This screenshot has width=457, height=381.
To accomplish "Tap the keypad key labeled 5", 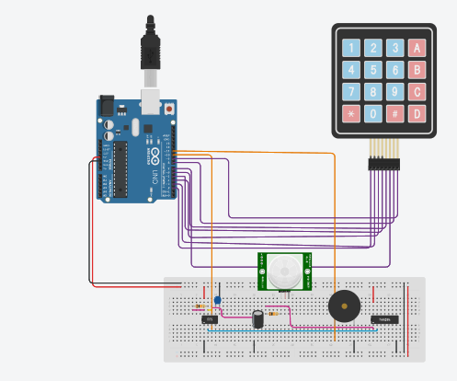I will tap(373, 70).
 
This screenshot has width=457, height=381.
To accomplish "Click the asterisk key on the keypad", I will tap(351, 114).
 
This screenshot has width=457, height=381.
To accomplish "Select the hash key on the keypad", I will tap(395, 114).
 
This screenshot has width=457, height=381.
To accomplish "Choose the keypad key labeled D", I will tap(418, 114).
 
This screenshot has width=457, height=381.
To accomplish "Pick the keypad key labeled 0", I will tap(373, 114).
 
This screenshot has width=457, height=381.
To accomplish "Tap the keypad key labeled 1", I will tap(351, 47).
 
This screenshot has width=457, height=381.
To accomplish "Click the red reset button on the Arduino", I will tap(171, 109).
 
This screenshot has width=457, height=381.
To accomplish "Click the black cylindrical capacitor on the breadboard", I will tap(259, 317).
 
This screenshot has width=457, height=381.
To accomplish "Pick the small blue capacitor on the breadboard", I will tap(217, 299).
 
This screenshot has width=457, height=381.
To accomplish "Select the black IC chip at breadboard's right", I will tap(384, 320).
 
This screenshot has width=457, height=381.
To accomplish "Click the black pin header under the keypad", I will tap(384, 164).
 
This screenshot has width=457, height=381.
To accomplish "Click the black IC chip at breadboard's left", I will tap(210, 319).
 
